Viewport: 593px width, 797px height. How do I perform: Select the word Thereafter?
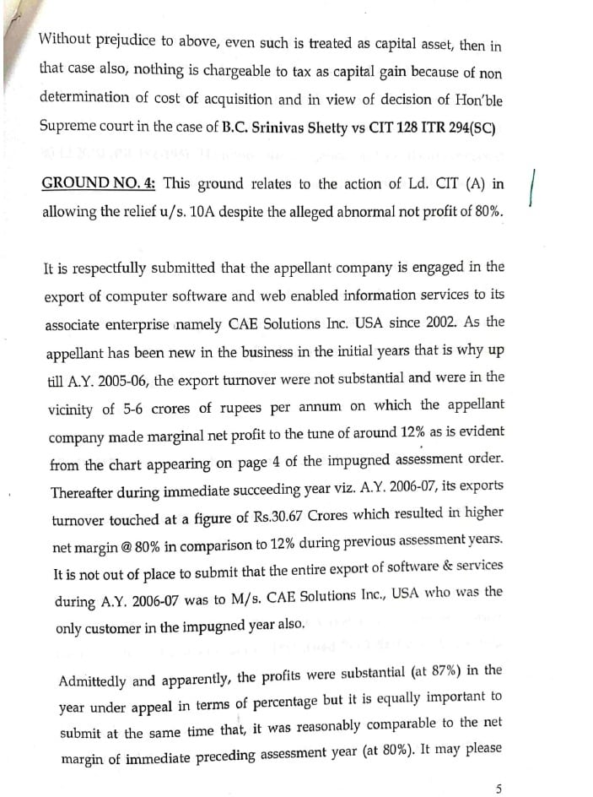88,493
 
